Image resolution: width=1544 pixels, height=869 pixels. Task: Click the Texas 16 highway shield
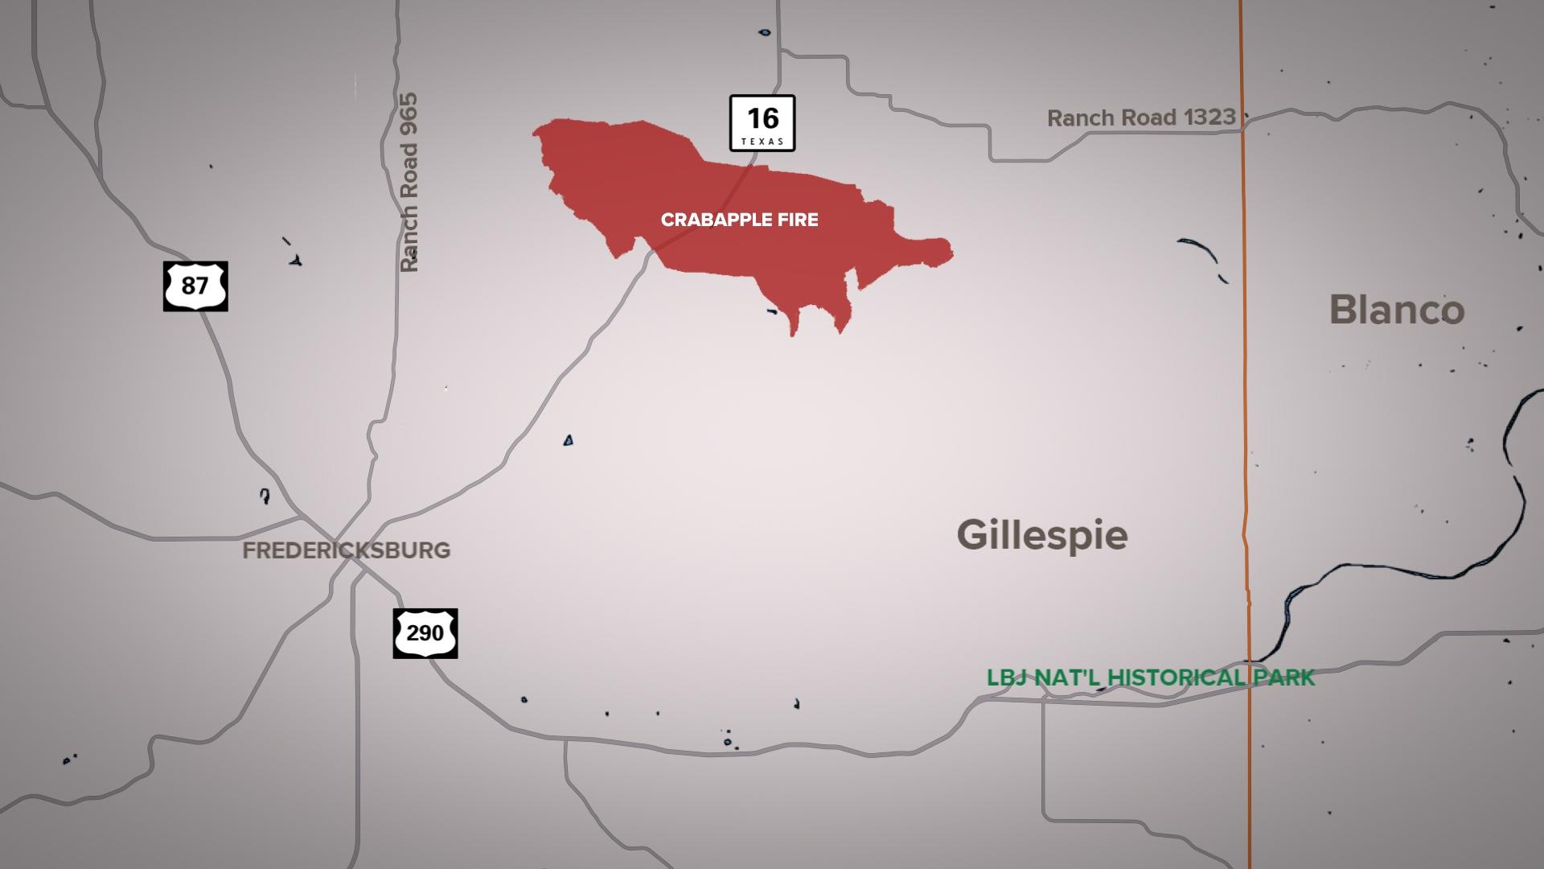[762, 122]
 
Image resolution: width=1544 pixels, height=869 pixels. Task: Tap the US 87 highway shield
[195, 286]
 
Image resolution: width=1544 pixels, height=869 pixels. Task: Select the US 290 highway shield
[425, 633]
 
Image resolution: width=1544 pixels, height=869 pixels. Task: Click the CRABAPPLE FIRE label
[739, 220]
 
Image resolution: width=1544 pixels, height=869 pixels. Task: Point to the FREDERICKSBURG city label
[347, 550]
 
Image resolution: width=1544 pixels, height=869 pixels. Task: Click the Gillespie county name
[1042, 535]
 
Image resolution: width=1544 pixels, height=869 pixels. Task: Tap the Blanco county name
[1397, 310]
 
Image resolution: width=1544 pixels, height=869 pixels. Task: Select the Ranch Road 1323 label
[1141, 117]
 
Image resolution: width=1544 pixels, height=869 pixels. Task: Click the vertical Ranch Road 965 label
[409, 183]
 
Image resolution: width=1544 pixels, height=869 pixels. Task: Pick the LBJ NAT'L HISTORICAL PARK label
[1151, 677]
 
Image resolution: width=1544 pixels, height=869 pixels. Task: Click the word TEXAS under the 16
[762, 142]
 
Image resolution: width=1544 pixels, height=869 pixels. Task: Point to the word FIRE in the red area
[799, 220]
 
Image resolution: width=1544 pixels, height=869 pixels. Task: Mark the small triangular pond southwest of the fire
[568, 440]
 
